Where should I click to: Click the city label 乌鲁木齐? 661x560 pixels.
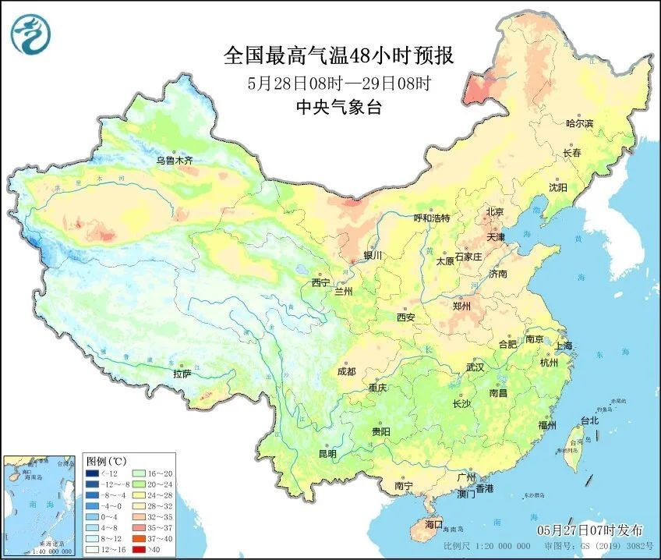pyautogui.click(x=173, y=161)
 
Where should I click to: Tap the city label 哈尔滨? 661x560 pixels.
pyautogui.click(x=579, y=124)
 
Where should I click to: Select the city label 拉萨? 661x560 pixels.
pyautogui.click(x=182, y=374)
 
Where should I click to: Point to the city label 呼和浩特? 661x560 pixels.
pyautogui.click(x=431, y=218)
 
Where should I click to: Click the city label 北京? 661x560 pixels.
pyautogui.click(x=495, y=212)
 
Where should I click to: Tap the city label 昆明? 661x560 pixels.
pyautogui.click(x=327, y=453)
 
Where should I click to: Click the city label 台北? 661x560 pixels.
pyautogui.click(x=589, y=420)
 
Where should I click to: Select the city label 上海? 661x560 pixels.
pyautogui.click(x=563, y=346)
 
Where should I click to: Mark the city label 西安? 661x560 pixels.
pyautogui.click(x=405, y=317)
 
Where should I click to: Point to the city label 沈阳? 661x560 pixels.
pyautogui.click(x=557, y=188)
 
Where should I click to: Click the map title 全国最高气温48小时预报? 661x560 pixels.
pyautogui.click(x=338, y=56)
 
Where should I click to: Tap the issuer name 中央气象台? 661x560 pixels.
pyautogui.click(x=338, y=108)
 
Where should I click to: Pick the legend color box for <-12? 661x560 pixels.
pyautogui.click(x=93, y=473)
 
